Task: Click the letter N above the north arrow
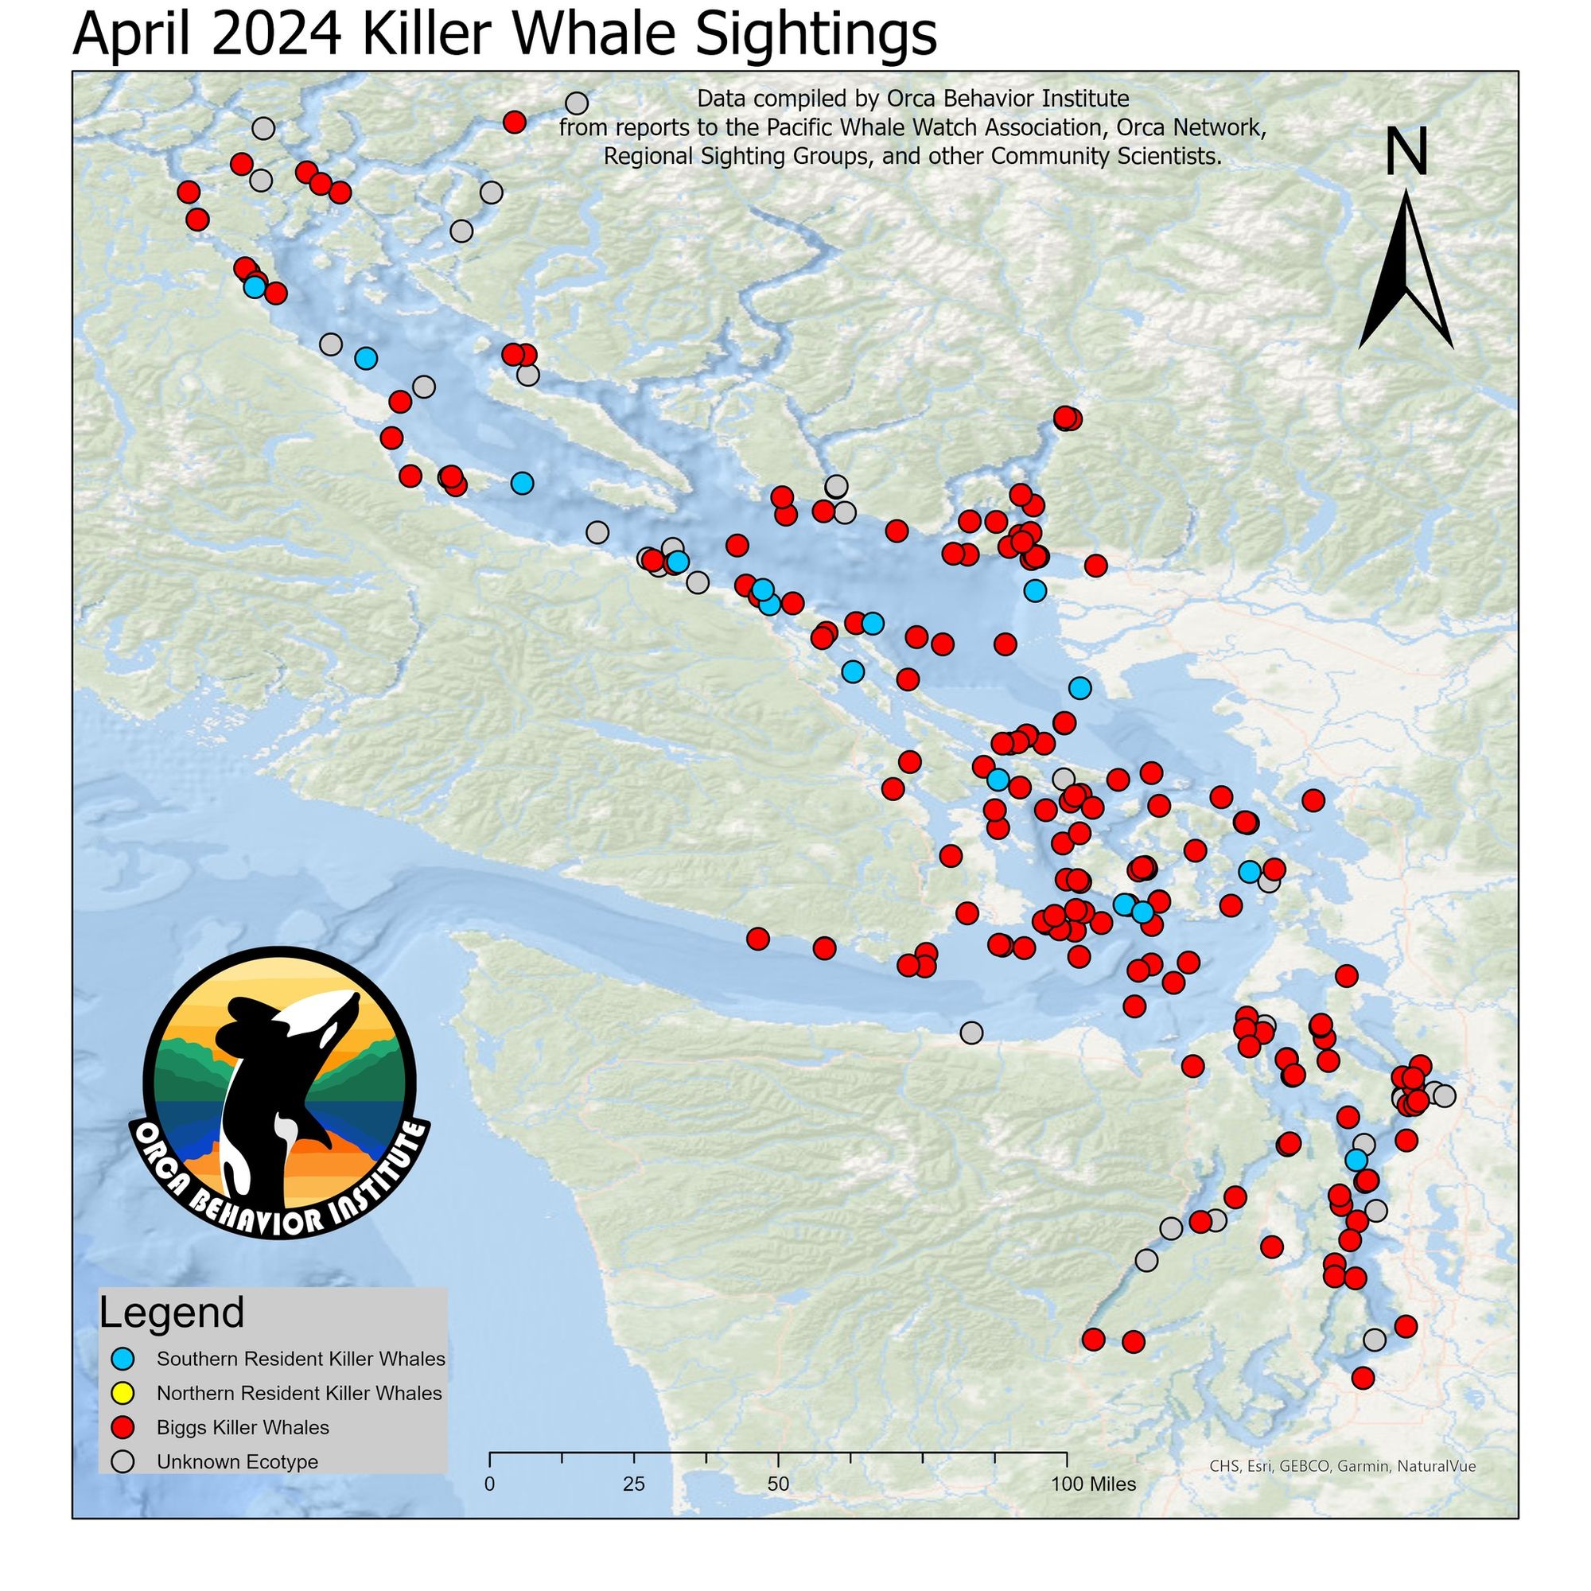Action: tap(1406, 154)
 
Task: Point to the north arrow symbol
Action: tap(1406, 272)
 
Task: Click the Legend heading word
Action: tap(172, 1313)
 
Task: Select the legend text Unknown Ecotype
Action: tap(237, 1463)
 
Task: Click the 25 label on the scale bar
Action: tap(634, 1484)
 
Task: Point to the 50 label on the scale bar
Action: tap(778, 1484)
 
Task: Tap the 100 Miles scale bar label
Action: tap(1094, 1484)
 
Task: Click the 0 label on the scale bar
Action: tap(490, 1484)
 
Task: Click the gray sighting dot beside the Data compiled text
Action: tap(578, 103)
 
